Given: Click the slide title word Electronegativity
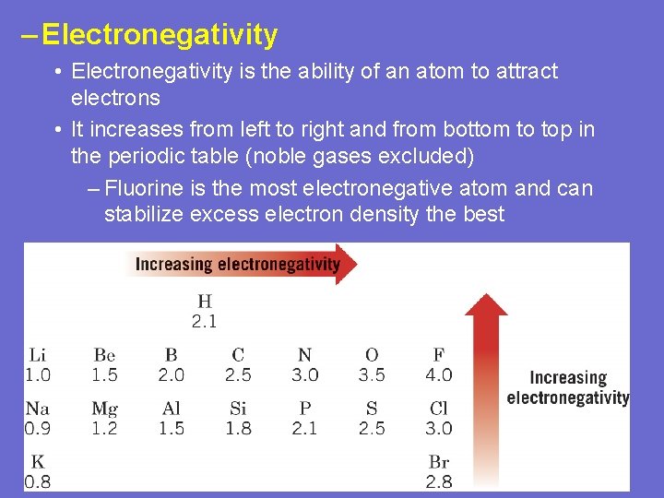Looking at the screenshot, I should click(x=160, y=35).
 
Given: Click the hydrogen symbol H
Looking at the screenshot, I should click(x=204, y=302).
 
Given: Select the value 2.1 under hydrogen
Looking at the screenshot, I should click(x=204, y=321).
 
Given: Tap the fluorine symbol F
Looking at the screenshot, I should click(x=438, y=355).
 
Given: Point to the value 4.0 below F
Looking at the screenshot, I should click(x=438, y=374).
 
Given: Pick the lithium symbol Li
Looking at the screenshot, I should click(x=38, y=355).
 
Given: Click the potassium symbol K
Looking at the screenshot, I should click(x=38, y=462).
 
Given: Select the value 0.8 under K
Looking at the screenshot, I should click(x=38, y=481).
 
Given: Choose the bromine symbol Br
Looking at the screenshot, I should click(x=438, y=462).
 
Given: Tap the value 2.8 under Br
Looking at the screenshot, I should click(x=438, y=481).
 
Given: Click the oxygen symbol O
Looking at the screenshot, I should click(x=372, y=355).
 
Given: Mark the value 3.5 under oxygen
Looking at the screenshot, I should click(x=372, y=374).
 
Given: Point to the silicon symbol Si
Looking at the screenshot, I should click(x=238, y=409).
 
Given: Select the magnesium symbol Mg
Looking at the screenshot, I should click(x=104, y=409).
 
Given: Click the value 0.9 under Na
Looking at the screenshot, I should click(x=38, y=428).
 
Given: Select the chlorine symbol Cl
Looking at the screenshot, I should click(x=438, y=409).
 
